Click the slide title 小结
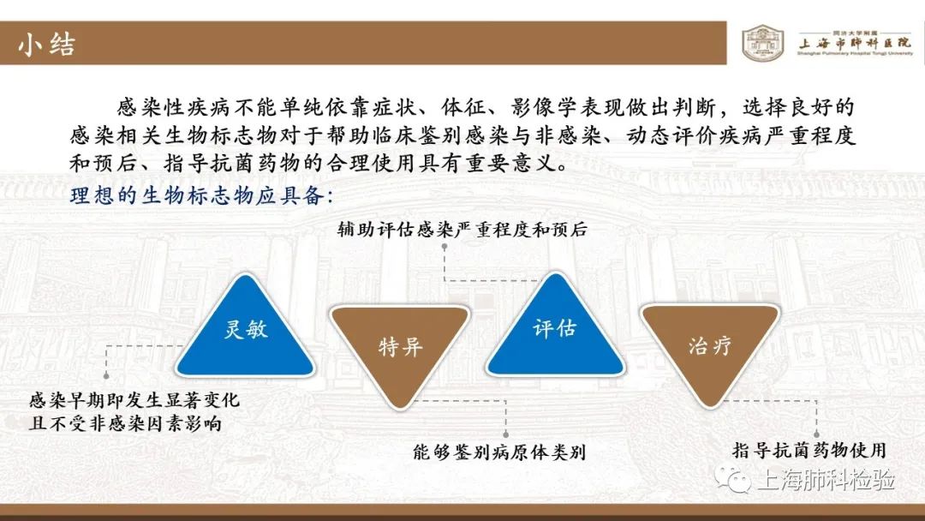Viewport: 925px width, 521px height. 46,45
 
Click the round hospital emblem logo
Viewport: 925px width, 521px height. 763,43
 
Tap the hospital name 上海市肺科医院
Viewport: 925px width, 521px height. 855,43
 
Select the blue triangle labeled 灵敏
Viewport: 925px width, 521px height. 246,326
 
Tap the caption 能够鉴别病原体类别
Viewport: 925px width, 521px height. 499,452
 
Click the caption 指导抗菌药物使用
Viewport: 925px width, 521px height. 809,450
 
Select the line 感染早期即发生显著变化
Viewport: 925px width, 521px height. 134,400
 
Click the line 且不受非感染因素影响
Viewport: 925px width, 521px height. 126,423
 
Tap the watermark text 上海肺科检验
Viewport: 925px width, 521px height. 826,479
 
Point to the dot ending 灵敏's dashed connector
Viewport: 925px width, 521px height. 106,376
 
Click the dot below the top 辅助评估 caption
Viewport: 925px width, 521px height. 445,248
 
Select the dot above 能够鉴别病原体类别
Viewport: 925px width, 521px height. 505,434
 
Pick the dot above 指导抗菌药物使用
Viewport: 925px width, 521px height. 817,434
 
